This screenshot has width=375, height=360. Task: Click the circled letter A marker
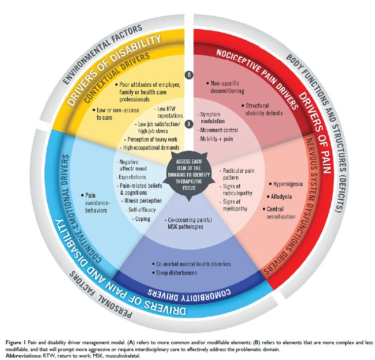click(187, 125)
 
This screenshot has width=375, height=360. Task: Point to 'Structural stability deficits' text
click(263, 109)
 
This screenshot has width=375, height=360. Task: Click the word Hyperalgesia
click(291, 183)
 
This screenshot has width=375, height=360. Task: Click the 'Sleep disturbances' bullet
click(175, 272)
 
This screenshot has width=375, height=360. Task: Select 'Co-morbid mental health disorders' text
click(187, 263)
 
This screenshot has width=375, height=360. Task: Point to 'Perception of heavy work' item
click(150, 140)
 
